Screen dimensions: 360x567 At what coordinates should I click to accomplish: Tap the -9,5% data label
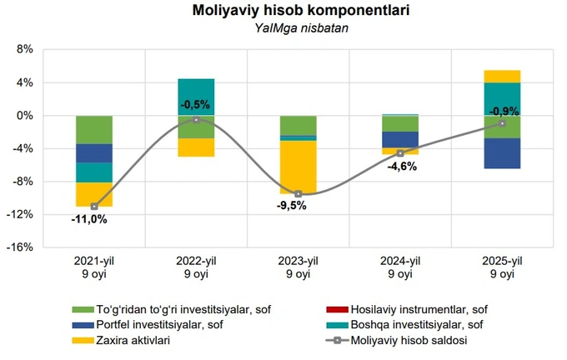[x=291, y=206]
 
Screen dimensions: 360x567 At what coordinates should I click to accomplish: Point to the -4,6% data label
[x=400, y=166]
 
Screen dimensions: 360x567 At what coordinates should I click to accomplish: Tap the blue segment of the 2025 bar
[x=502, y=153]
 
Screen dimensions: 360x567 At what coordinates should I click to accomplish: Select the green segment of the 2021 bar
[x=94, y=129]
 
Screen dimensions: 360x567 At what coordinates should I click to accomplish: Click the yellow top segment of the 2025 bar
[x=502, y=76]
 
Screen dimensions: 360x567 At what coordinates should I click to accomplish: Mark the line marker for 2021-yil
[x=94, y=206]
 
